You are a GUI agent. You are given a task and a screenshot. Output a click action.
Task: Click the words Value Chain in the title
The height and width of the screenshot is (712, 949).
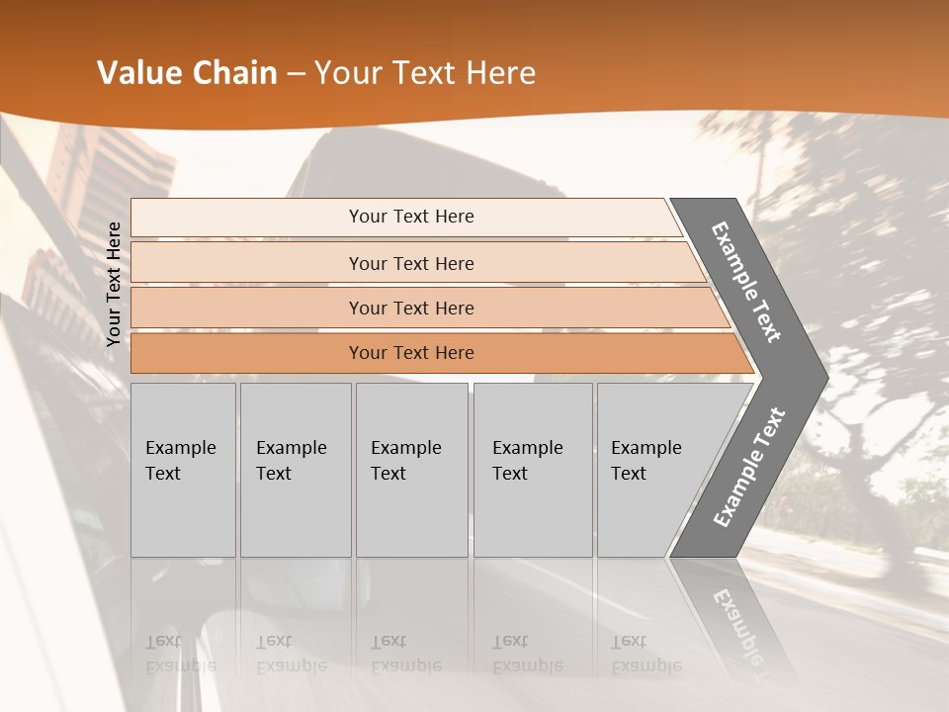click(x=187, y=73)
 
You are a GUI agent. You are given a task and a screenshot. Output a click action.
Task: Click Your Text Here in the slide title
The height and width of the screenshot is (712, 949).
click(x=425, y=73)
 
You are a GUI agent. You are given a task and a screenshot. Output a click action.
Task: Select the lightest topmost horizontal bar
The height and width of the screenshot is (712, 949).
click(x=247, y=218)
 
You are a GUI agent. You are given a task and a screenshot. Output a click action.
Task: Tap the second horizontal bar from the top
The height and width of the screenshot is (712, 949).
click(x=247, y=263)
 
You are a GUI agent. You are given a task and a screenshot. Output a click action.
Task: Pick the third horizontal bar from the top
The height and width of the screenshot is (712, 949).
click(x=247, y=309)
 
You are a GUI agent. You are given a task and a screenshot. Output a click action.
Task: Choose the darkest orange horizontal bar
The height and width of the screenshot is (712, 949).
click(x=247, y=353)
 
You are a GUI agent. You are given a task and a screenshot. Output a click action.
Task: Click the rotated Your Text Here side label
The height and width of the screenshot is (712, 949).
click(x=114, y=284)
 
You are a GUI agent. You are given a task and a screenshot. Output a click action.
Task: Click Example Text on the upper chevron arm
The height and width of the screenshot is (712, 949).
click(x=747, y=282)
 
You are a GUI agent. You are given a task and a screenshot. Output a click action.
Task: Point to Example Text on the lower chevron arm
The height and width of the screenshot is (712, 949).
click(x=749, y=468)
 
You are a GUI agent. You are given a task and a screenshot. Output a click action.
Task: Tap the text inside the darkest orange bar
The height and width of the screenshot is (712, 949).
click(x=411, y=353)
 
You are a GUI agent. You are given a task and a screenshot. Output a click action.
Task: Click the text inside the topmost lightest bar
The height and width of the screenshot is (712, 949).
click(x=411, y=217)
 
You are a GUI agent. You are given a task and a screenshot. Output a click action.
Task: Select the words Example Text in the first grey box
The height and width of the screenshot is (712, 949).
click(x=180, y=461)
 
